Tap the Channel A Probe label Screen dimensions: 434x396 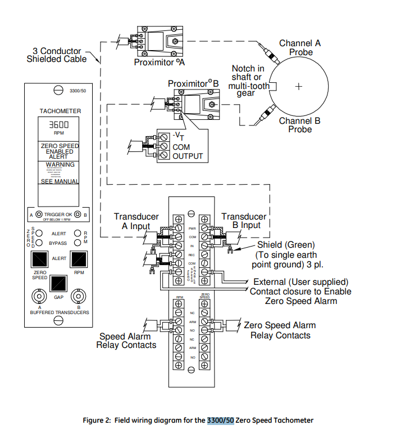(x=300, y=47)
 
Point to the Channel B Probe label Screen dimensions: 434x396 (x=300, y=125)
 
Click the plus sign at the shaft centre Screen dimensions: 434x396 (x=299, y=86)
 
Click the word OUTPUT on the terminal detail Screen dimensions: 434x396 (x=188, y=156)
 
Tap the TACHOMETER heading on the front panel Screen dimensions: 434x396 (x=60, y=111)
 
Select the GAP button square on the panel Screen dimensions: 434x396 (x=59, y=283)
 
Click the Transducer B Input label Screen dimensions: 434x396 (x=244, y=221)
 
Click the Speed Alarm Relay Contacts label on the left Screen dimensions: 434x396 (x=126, y=341)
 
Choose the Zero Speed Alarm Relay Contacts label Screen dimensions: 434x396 (x=280, y=330)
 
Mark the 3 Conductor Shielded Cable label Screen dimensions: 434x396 (x=57, y=55)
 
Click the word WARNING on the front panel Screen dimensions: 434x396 (x=60, y=164)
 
